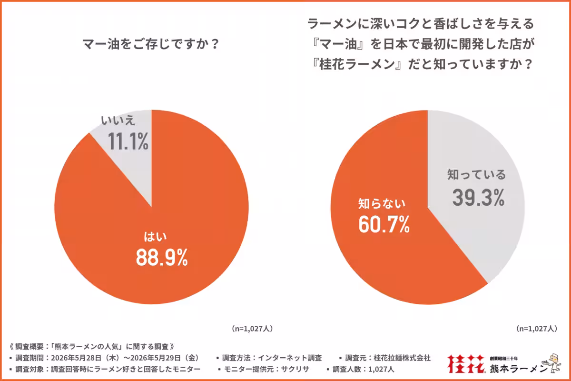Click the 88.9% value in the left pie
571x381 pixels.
pos(162,258)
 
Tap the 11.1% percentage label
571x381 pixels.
pos(128,141)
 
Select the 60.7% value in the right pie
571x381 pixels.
pos(384,224)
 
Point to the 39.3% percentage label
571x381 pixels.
pos(479,197)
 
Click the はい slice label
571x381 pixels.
pos(155,237)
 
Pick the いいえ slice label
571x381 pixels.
pos(118,120)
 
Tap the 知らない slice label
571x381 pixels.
pos(382,204)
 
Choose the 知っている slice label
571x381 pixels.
pos(476,175)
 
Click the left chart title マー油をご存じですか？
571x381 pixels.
pos(151,44)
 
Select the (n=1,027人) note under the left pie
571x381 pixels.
pos(252,329)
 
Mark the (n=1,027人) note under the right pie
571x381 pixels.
pos(537,329)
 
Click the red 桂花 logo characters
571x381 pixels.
pos(466,363)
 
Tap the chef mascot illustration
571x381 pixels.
pos(552,363)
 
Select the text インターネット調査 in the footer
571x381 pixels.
pos(290,358)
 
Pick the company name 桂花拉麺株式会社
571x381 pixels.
pos(402,358)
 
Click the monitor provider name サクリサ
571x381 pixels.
pos(295,369)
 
